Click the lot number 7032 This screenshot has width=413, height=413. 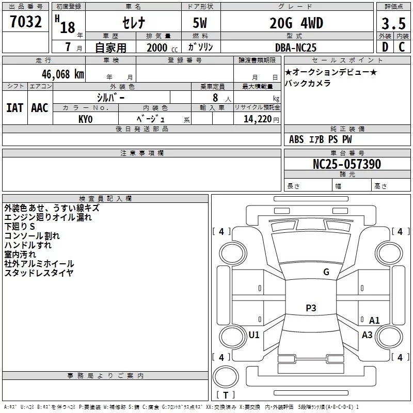[x=26, y=23]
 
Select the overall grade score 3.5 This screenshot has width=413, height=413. [x=392, y=23]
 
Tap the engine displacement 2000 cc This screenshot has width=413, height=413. [x=158, y=47]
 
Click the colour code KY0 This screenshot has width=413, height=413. [x=85, y=119]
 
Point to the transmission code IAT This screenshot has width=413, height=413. [x=14, y=108]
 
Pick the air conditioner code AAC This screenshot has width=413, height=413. [x=40, y=108]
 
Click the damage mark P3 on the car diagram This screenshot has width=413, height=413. [x=310, y=308]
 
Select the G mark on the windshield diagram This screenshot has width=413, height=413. [x=326, y=272]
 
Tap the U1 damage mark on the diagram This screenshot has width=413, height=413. [x=254, y=335]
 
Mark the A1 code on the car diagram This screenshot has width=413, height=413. [x=374, y=321]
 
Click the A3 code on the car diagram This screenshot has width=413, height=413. [x=367, y=335]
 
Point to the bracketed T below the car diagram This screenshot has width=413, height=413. [x=226, y=395]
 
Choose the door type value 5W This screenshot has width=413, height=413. [x=201, y=24]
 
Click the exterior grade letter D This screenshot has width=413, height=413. [x=385, y=47]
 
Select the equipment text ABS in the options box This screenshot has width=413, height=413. [x=296, y=139]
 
